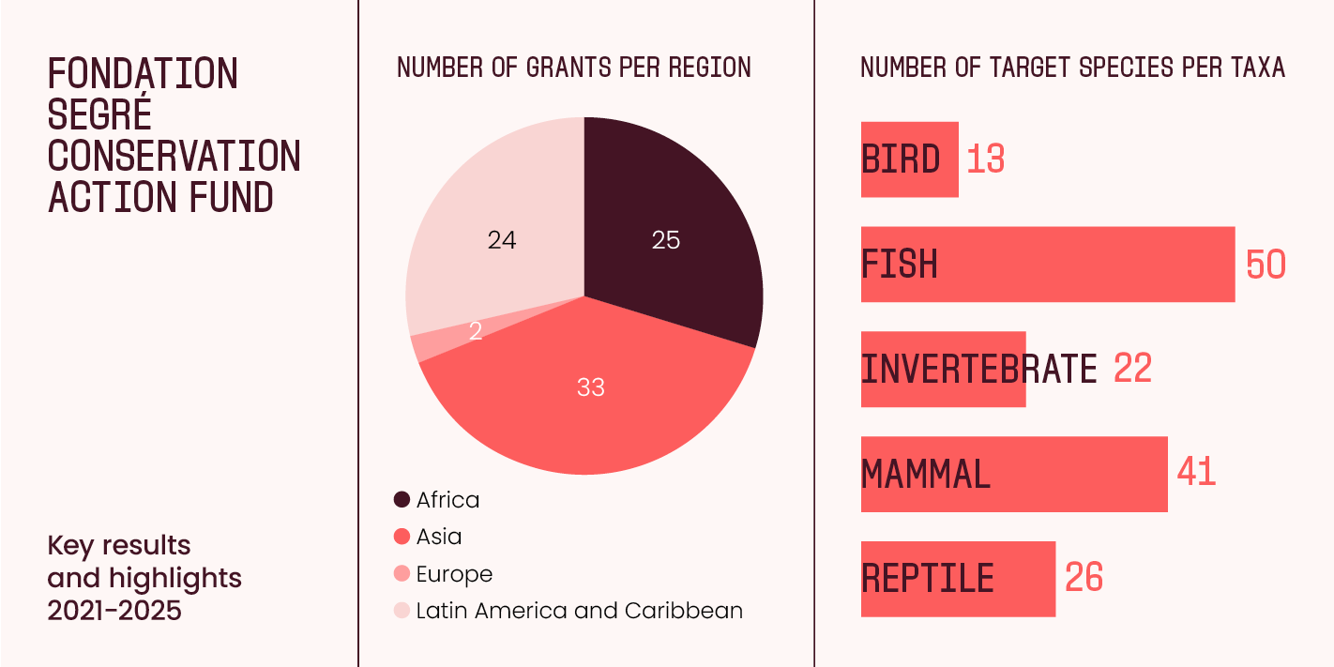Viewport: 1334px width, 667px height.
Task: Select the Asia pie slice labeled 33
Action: (591, 394)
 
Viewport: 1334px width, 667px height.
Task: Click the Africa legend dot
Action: (402, 500)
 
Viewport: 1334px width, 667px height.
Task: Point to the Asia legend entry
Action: (439, 537)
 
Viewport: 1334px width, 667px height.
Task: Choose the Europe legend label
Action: (454, 574)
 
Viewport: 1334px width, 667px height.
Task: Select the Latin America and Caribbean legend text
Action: (579, 611)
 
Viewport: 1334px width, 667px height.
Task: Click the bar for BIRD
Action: (909, 159)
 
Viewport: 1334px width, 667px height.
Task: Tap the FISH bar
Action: (1047, 265)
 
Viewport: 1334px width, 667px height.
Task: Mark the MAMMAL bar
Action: (1013, 475)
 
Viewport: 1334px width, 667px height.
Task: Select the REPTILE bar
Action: (957, 579)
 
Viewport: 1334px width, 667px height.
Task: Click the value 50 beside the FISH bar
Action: (1266, 265)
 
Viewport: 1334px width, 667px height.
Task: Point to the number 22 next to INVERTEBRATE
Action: (1132, 369)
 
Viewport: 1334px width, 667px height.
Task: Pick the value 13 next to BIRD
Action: (985, 159)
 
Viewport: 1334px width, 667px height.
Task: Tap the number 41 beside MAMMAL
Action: (1196, 472)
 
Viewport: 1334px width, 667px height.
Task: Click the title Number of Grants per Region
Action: (574, 68)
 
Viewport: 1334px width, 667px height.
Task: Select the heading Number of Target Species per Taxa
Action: (1072, 68)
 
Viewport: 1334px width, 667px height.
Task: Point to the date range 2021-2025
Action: (114, 611)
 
